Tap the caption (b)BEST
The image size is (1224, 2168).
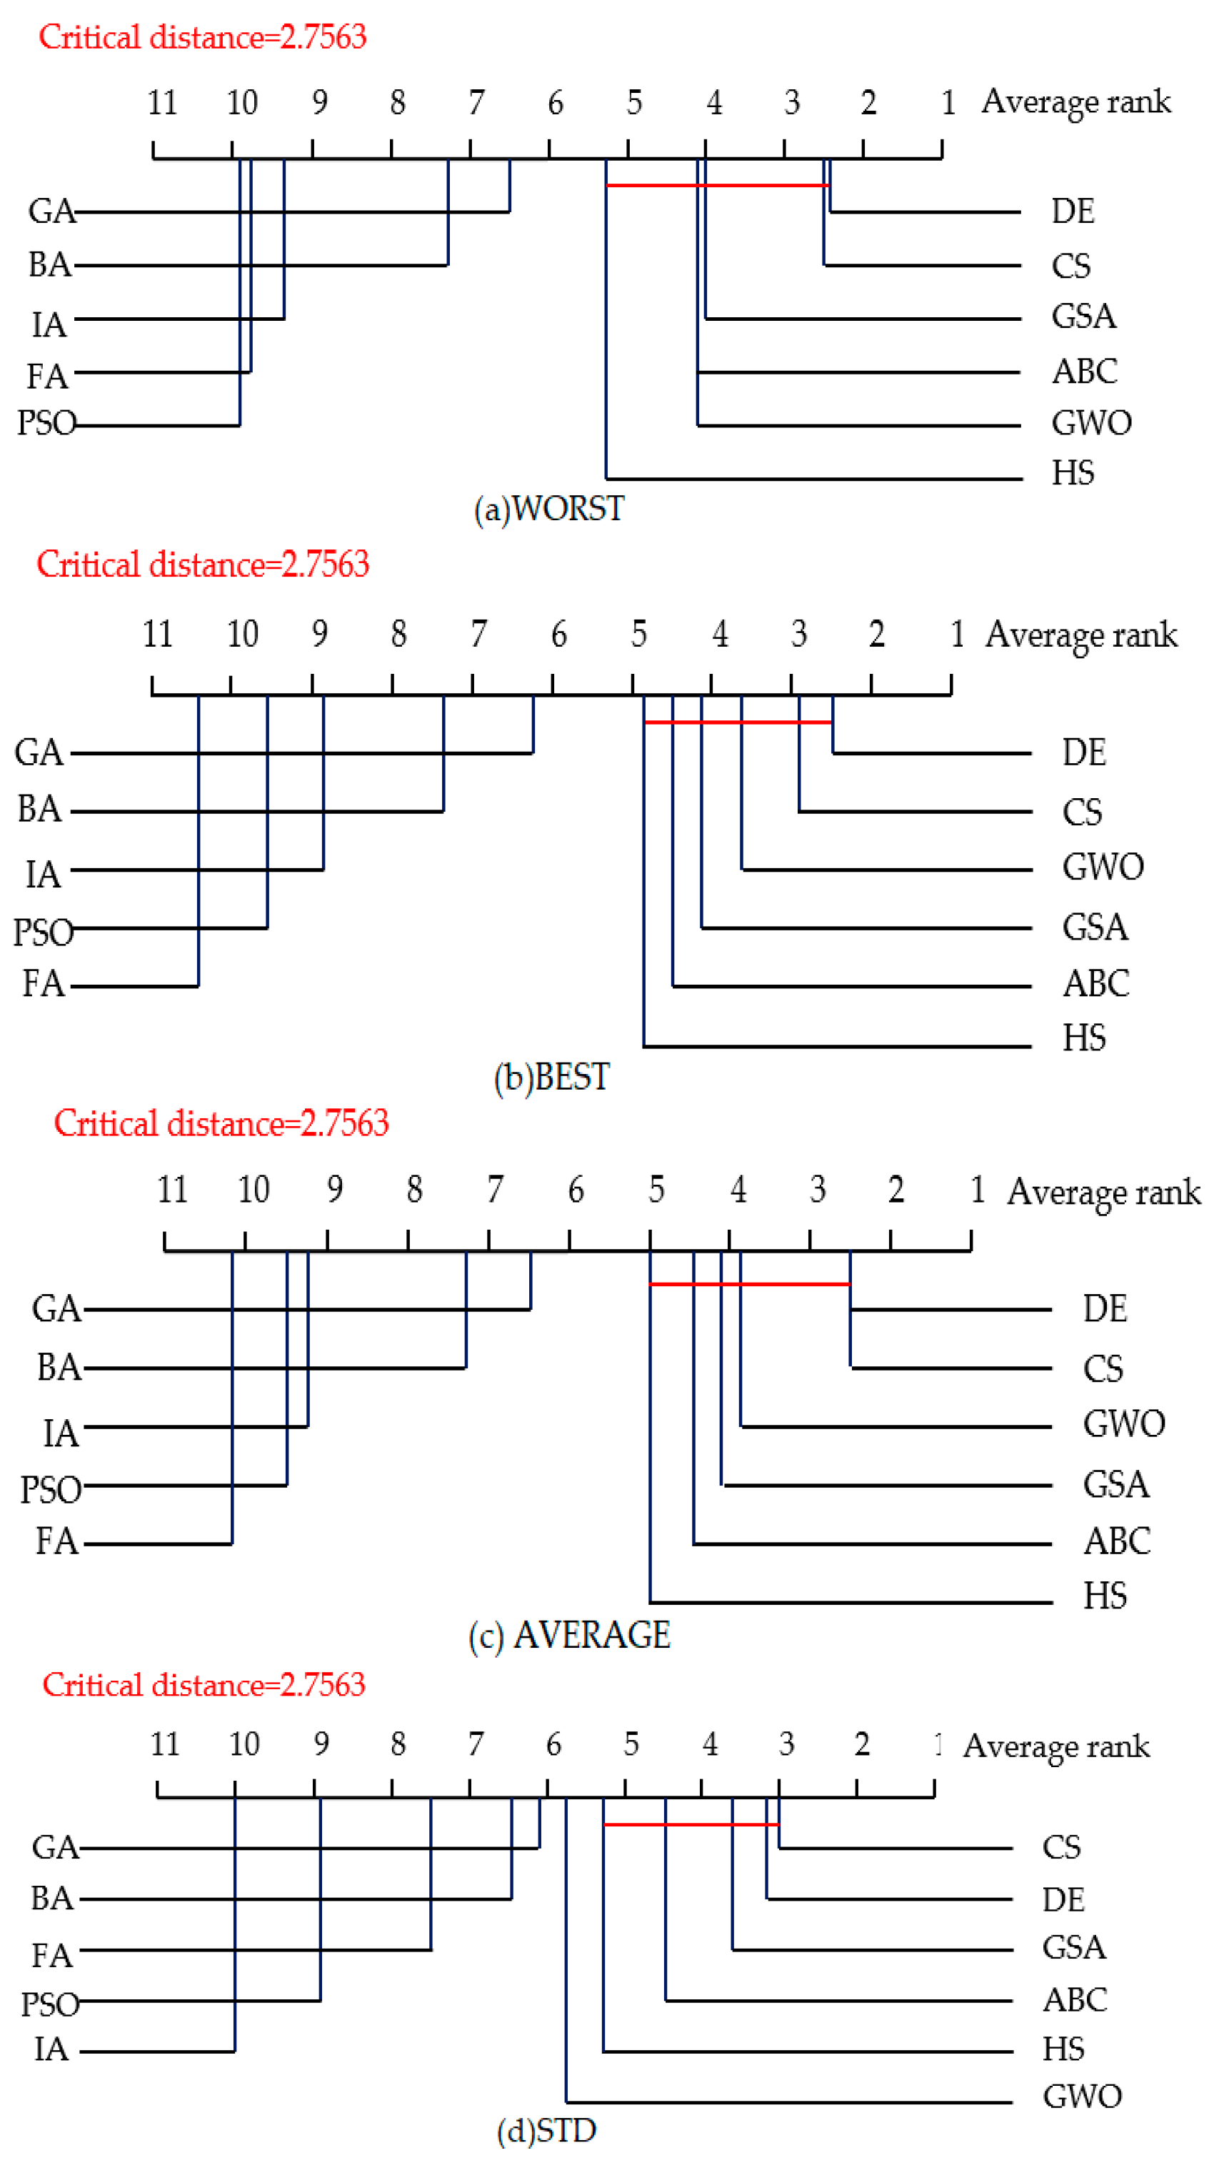click(x=552, y=1078)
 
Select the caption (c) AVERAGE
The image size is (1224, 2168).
click(x=570, y=1635)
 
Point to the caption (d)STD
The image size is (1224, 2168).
click(x=547, y=2130)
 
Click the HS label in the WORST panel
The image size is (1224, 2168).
click(x=1073, y=473)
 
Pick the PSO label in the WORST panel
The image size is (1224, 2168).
click(x=47, y=422)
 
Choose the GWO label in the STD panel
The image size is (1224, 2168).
click(x=1082, y=2096)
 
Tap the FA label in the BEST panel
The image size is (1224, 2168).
click(x=43, y=983)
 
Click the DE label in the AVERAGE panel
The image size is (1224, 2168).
click(x=1105, y=1308)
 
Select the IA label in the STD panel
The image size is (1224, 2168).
click(x=51, y=2049)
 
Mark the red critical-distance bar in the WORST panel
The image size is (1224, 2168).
click(x=718, y=185)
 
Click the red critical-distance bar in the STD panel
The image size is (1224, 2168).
click(x=691, y=1824)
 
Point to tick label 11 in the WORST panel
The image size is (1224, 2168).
click(x=161, y=103)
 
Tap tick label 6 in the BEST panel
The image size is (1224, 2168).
click(x=558, y=635)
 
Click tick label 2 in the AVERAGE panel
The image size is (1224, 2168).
click(x=896, y=1190)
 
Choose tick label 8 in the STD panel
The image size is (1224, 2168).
click(x=398, y=1744)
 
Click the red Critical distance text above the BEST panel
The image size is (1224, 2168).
click(x=203, y=564)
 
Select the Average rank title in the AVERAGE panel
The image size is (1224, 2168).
click(x=1104, y=1192)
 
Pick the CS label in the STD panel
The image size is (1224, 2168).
click(x=1060, y=1847)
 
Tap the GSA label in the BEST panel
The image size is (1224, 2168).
click(x=1095, y=928)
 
